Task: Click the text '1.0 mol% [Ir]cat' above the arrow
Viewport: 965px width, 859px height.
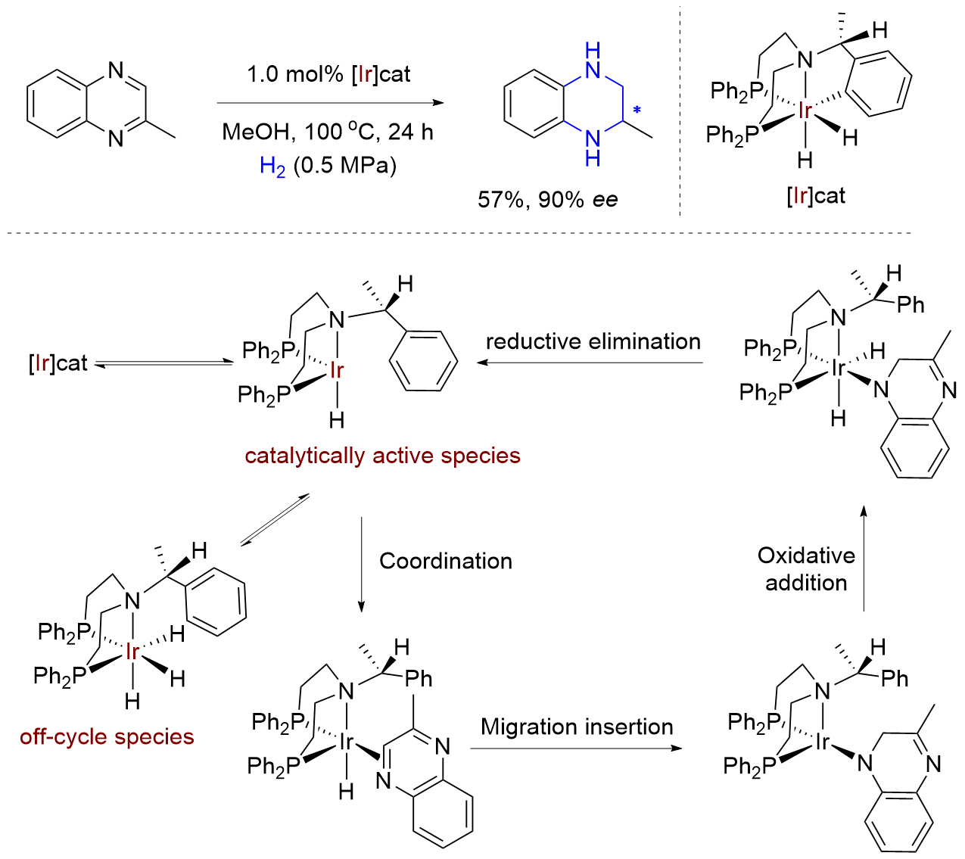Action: pyautogui.click(x=328, y=74)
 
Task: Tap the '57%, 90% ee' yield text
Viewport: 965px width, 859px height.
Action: pyautogui.click(x=547, y=199)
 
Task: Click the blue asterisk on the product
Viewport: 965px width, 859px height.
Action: pyautogui.click(x=637, y=111)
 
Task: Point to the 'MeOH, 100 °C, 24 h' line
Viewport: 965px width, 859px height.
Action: pyautogui.click(x=327, y=132)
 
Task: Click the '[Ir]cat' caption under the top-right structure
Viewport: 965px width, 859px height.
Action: pyautogui.click(x=815, y=196)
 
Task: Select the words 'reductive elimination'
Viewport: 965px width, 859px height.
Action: pyautogui.click(x=593, y=341)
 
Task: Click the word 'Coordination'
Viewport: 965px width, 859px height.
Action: pyautogui.click(x=446, y=561)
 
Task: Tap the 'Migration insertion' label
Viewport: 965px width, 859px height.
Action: pyautogui.click(x=577, y=727)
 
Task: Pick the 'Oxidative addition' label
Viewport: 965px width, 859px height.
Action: pyautogui.click(x=806, y=569)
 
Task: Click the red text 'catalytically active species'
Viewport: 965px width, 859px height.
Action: pyautogui.click(x=382, y=456)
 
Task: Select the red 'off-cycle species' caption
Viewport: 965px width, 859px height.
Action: pyautogui.click(x=107, y=736)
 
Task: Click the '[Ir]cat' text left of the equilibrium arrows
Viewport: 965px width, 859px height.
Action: pyautogui.click(x=58, y=363)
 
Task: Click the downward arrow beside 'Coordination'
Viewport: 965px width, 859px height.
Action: pyautogui.click(x=361, y=564)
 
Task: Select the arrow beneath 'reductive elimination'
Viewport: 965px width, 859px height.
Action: pyautogui.click(x=590, y=363)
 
